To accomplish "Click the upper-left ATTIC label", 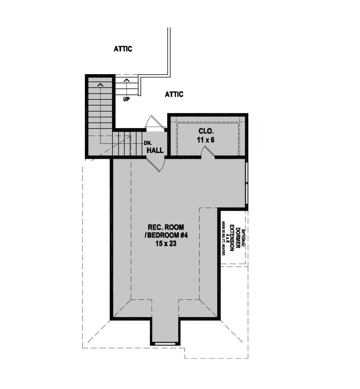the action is click(x=123, y=49).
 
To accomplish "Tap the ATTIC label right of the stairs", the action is click(x=174, y=94).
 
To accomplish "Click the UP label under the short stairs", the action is click(x=126, y=99).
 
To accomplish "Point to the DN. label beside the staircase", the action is click(x=148, y=143).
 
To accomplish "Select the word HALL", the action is click(x=155, y=150).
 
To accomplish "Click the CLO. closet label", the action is click(x=206, y=131).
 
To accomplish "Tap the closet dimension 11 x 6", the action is click(x=206, y=140).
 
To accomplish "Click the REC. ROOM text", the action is click(x=166, y=227).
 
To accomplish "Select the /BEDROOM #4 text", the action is click(x=166, y=235).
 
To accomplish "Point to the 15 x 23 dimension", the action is click(x=166, y=244).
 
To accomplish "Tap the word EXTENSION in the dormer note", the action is click(x=232, y=238).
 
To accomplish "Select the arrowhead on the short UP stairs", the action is click(x=127, y=80).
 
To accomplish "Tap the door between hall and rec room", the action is click(x=156, y=164).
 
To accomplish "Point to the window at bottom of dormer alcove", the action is click(x=165, y=343).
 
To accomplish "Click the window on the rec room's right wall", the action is click(x=246, y=183).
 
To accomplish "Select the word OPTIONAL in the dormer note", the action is click(x=243, y=239).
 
